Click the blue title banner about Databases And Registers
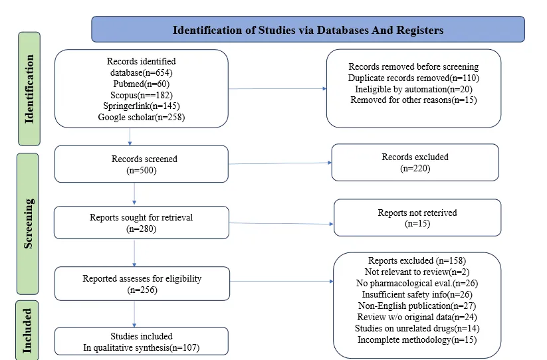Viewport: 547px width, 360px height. tap(308, 29)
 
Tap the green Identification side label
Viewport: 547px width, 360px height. tap(29, 89)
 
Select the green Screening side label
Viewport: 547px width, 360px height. tap(28, 224)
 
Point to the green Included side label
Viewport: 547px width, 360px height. tap(27, 330)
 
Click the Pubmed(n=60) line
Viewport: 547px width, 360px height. tap(142, 84)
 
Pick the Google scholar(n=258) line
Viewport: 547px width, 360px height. tap(142, 117)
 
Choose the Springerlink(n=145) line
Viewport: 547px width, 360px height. tap(142, 106)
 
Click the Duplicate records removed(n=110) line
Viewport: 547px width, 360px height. tap(413, 78)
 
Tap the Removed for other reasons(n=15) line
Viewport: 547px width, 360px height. tap(413, 100)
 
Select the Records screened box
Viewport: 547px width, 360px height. tap(142, 164)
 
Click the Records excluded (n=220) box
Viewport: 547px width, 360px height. tap(415, 163)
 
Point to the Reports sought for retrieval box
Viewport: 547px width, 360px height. tap(142, 223)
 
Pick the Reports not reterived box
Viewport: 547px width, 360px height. tap(417, 218)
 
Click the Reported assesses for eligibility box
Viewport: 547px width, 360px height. tap(142, 284)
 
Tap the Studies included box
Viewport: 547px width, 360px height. tap(142, 341)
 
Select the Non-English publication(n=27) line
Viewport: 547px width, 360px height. tap(417, 306)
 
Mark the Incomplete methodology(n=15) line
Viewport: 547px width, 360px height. tap(417, 340)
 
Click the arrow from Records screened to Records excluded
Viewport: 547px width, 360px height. tap(280, 163)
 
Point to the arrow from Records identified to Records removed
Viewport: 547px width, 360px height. tap(278, 88)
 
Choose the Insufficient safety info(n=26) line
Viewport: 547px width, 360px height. tap(417, 295)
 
